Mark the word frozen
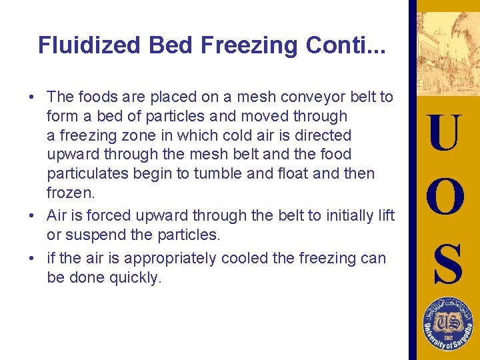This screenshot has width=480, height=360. (x=65, y=193)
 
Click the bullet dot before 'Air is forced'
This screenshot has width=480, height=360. (x=32, y=215)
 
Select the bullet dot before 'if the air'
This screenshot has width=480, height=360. (x=32, y=257)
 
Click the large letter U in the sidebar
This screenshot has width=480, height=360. (x=444, y=134)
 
